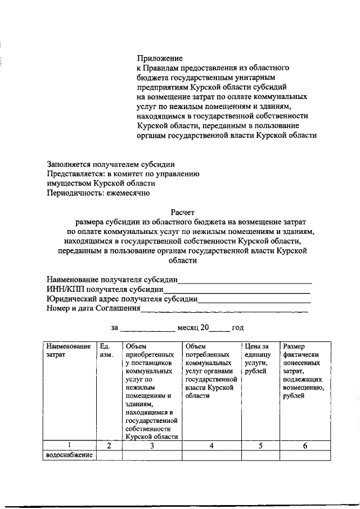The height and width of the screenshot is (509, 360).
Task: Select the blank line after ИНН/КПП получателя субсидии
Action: pos(236,290)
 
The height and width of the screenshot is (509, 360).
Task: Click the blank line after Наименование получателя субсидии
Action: pos(245,280)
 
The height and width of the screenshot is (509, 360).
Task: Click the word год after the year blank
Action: pos(237,327)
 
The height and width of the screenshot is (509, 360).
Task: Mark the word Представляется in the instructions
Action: pos(73,174)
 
